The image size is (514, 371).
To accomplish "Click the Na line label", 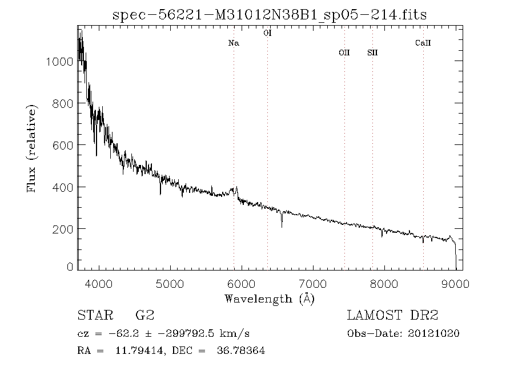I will (x=233, y=43).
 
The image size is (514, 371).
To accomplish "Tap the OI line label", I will (x=267, y=34).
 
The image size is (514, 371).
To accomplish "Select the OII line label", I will (x=344, y=53).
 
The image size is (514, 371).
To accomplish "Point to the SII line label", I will (x=372, y=53).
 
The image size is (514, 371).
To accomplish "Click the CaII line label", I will (x=423, y=43).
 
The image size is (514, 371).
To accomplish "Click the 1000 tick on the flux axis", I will (x=59, y=62).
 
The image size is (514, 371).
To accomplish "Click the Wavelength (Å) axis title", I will (x=270, y=299).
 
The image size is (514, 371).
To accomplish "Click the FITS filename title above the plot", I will (x=270, y=14).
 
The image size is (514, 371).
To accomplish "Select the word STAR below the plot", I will (x=93, y=316).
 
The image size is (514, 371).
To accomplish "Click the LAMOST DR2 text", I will (x=392, y=316).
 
